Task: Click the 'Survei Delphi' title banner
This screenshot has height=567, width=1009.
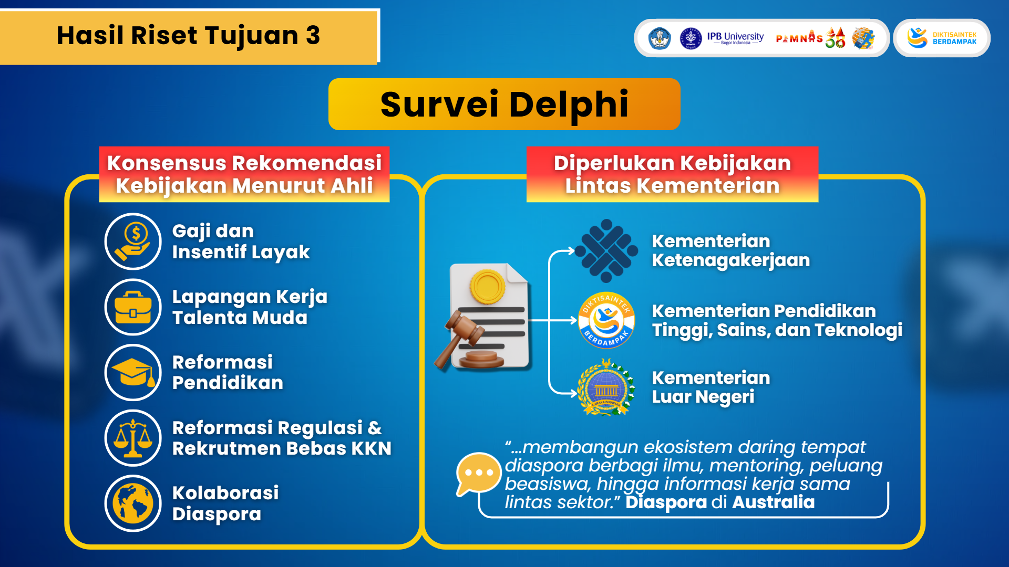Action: click(504, 104)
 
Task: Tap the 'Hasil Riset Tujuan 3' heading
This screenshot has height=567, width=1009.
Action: click(188, 36)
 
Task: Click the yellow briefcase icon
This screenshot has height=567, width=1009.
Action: click(133, 307)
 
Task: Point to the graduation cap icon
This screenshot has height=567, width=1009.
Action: click(133, 372)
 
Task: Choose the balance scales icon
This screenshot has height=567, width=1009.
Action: click(133, 438)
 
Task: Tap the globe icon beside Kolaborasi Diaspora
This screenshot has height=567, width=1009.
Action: click(133, 503)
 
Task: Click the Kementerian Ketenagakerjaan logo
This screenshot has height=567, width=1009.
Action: click(606, 251)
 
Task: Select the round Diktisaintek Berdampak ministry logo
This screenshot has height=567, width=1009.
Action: click(606, 320)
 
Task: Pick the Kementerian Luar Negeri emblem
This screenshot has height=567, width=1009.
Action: click(606, 387)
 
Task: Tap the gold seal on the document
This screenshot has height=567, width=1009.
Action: click(488, 287)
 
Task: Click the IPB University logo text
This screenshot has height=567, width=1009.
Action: click(735, 38)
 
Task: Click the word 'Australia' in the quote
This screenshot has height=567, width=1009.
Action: click(773, 502)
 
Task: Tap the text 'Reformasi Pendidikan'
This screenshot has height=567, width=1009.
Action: click(228, 372)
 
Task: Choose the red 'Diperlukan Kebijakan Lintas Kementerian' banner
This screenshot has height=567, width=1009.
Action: click(672, 174)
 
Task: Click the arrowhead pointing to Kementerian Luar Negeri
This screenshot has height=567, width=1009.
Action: click(572, 393)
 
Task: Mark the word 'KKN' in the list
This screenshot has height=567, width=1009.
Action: click(371, 449)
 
